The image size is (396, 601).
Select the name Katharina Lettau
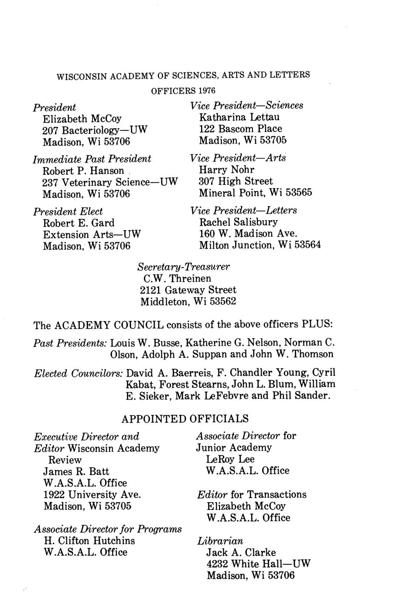239,117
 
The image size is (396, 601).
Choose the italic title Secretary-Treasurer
184,266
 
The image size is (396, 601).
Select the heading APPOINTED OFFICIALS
185,419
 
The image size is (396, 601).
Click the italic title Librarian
220,541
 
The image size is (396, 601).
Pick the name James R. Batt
76,471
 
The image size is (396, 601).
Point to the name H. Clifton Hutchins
89,540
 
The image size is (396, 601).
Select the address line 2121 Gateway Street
188,290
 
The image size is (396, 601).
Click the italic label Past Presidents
70,343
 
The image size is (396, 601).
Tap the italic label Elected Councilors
78,374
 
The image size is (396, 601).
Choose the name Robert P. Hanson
83,171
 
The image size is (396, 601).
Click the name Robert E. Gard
79,223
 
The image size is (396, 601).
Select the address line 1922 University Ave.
92,495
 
